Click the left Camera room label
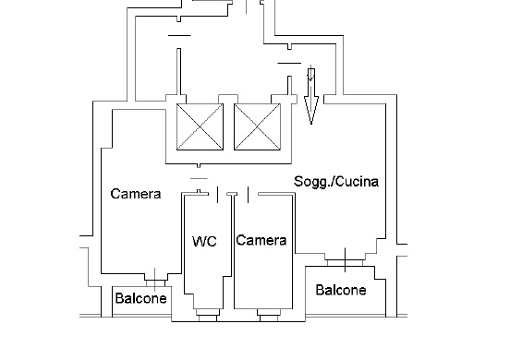pos(136,194)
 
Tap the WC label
pos(204,242)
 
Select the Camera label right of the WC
pos(261,240)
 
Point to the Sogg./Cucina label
pos(336,181)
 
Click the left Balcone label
pos(140,298)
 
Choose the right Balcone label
pos(341,290)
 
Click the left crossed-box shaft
pos(200,127)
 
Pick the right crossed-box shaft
pos(257,127)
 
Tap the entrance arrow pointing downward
pos(311,96)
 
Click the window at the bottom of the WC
pos(208,316)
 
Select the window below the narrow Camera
pos(269,316)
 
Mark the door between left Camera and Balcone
pos(155,280)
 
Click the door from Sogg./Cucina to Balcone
pos(346,260)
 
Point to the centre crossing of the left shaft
pos(200,127)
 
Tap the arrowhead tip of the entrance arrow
pos(311,125)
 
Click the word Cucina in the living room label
pos(359,181)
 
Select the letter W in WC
pos(199,242)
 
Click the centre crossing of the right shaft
pos(257,127)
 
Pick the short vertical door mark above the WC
pos(218,195)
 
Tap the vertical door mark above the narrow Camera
pos(249,195)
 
